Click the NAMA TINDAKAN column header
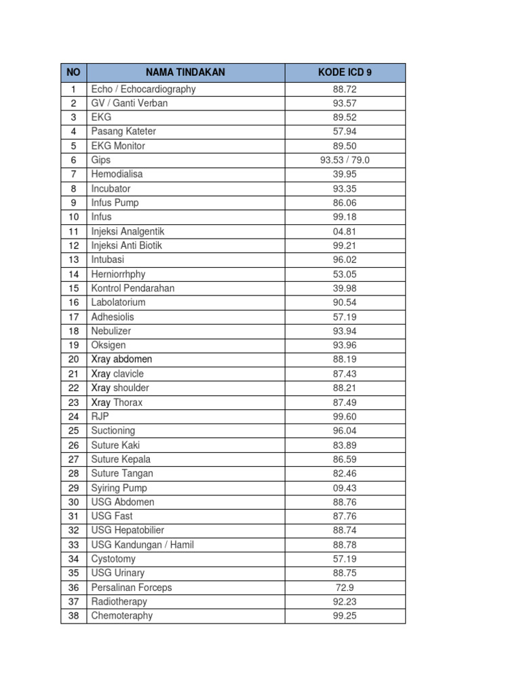pos(185,73)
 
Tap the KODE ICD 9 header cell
pos(345,73)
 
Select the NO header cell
pos(73,73)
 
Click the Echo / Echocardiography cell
pos(143,89)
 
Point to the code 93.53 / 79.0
pos(345,161)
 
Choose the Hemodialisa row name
pos(117,174)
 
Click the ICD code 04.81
pos(345,231)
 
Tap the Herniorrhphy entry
pos(118,274)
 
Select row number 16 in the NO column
pos(73,302)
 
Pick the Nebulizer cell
pos(111,331)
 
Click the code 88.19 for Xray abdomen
pos(345,359)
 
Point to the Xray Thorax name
pos(117,403)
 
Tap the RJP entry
pos(100,416)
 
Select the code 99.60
pos(345,416)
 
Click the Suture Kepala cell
pos(121,460)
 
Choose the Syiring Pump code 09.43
pos(345,488)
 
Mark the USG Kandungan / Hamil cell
pos(142,545)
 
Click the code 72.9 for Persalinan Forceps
pos(345,588)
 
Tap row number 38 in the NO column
pos(73,616)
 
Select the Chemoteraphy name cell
pos(122,616)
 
